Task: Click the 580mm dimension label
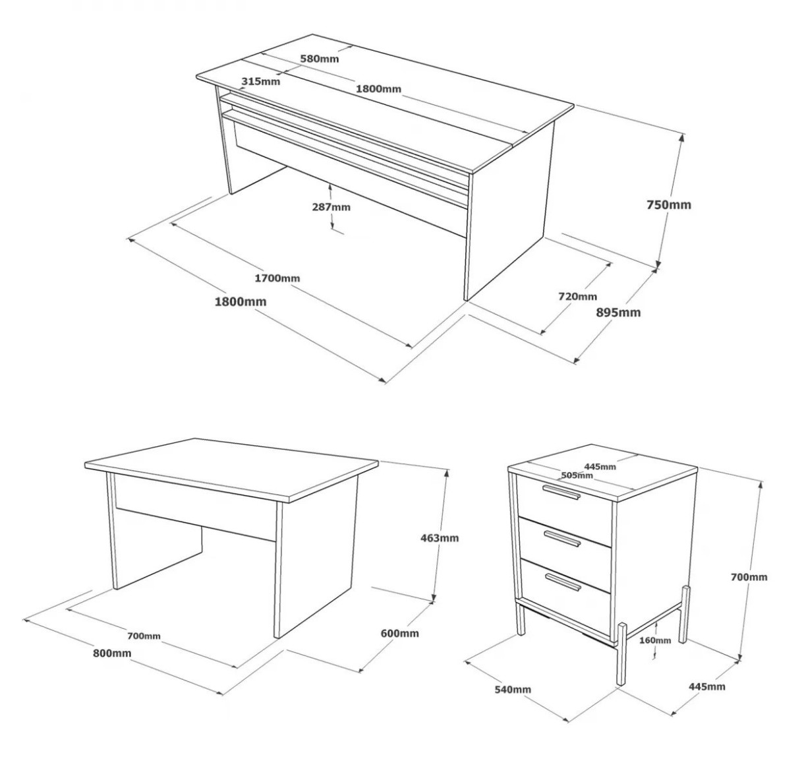(319, 59)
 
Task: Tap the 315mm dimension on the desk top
(261, 82)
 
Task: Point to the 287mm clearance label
(331, 207)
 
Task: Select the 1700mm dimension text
(277, 278)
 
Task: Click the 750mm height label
(668, 204)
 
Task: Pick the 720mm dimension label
(578, 296)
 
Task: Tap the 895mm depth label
(618, 313)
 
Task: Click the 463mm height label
(440, 538)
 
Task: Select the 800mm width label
(112, 653)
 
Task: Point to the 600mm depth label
(400, 633)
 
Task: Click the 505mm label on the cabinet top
(577, 475)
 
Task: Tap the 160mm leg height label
(655, 640)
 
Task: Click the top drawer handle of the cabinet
(561, 492)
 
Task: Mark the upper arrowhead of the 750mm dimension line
(681, 138)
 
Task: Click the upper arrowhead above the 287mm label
(331, 187)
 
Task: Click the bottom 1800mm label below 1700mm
(241, 301)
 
